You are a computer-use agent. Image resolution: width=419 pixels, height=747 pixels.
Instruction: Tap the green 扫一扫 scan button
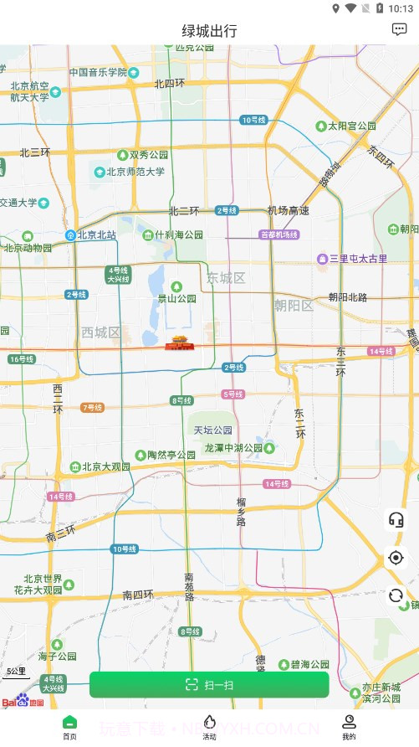[x=209, y=684]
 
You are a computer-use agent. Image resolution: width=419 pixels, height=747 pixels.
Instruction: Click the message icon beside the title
[x=399, y=29]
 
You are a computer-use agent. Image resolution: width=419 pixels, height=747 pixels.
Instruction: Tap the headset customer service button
[x=396, y=519]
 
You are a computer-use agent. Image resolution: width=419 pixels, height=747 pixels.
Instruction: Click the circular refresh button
[x=396, y=595]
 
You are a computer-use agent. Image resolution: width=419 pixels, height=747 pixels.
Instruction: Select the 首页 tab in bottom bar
[x=69, y=726]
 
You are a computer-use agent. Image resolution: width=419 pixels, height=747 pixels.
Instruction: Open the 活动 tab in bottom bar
[x=209, y=726]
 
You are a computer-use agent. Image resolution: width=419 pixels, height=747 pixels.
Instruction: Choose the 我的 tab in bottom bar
[x=349, y=726]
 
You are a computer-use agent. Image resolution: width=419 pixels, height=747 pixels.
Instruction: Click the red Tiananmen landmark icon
[x=178, y=342]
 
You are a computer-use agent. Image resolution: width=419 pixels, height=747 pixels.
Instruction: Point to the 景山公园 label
[x=177, y=298]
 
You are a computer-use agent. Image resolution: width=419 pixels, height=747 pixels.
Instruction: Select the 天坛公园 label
[x=213, y=430]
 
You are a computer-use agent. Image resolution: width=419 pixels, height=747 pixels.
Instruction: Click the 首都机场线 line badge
[x=279, y=234]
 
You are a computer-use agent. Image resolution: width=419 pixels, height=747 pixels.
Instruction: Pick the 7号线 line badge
[x=92, y=408]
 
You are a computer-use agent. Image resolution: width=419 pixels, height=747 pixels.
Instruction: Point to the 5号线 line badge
[x=233, y=394]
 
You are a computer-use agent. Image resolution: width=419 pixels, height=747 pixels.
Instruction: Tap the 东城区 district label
[x=226, y=278]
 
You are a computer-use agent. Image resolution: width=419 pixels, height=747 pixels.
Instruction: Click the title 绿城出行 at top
[x=209, y=31]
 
